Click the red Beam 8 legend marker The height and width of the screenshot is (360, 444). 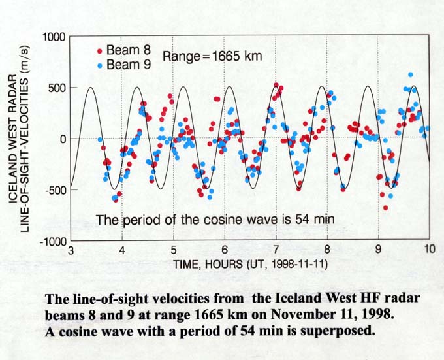(99, 50)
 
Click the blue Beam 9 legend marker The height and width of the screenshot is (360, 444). (99, 64)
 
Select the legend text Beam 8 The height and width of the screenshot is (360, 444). (123, 50)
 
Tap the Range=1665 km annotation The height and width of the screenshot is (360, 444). (212, 56)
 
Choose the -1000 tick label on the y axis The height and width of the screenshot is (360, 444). (52, 241)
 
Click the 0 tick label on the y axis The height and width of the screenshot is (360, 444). (63, 139)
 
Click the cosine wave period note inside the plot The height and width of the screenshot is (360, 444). (215, 220)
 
